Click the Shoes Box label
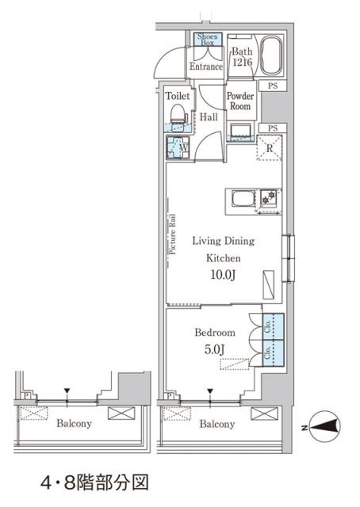[208, 40]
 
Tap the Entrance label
[205, 67]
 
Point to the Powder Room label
[240, 101]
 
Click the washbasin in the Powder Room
[240, 131]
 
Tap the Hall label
[209, 116]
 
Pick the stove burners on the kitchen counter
[270, 196]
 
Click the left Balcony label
[75, 423]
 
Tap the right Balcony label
[216, 425]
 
